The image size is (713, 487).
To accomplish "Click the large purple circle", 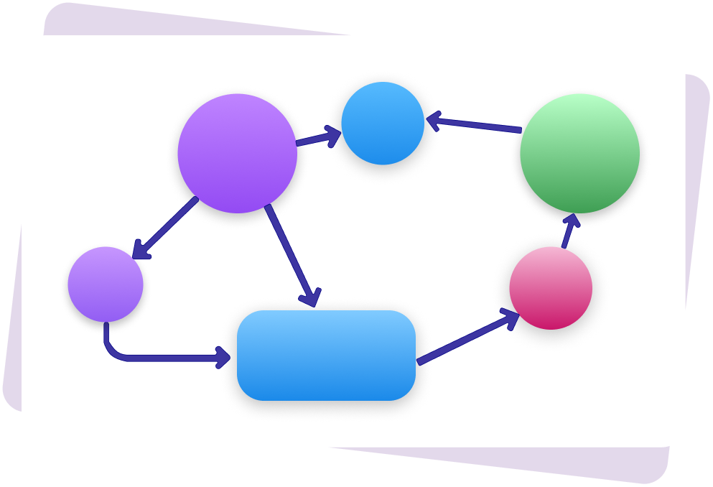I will (237, 153).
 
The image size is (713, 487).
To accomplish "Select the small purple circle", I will (106, 284).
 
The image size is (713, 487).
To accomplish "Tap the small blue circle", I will (383, 123).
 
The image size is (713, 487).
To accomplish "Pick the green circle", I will (579, 153).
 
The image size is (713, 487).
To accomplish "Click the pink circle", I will (551, 288).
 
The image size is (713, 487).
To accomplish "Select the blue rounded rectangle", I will (326, 356).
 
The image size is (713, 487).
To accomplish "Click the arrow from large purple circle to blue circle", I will (316, 138).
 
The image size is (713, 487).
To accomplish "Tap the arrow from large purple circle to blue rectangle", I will (290, 251).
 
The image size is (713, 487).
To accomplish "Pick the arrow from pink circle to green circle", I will (568, 231).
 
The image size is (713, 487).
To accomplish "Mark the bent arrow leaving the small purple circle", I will (158, 356).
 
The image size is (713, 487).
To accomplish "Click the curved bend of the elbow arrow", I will (113, 351).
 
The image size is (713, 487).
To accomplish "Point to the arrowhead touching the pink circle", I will (511, 318).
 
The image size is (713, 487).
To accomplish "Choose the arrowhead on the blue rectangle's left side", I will (223, 356).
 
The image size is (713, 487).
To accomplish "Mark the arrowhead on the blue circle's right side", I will (434, 120).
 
